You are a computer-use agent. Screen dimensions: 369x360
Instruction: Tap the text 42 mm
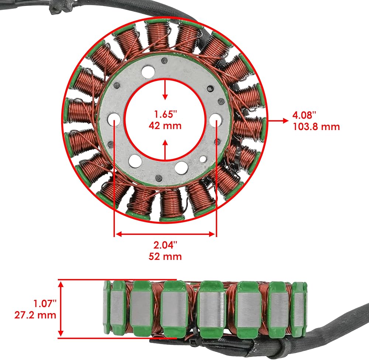[x=165, y=126]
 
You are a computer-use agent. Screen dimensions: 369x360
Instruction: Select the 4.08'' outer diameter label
[x=304, y=115]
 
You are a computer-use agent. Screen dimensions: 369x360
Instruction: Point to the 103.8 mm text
[x=316, y=127]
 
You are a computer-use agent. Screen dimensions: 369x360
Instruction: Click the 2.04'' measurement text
[x=165, y=245]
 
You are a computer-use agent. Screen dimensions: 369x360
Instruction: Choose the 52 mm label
[x=165, y=256]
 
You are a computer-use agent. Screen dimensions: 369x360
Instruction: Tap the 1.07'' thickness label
[x=45, y=304]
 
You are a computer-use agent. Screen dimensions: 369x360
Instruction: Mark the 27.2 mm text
[x=35, y=315]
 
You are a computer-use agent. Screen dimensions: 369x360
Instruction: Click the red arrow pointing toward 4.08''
[x=278, y=121]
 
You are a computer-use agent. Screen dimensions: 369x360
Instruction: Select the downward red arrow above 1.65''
[x=165, y=90]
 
